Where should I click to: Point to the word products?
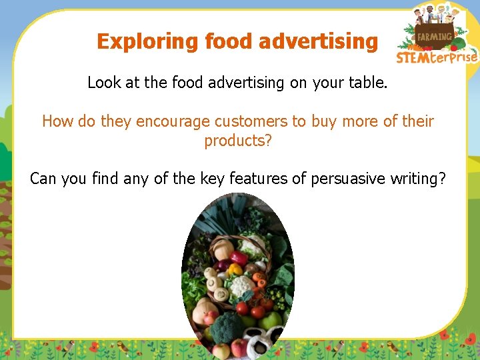pyautogui.click(x=238, y=141)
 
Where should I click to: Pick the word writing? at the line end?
pyautogui.click(x=418, y=179)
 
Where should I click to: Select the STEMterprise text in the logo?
pyautogui.click(x=437, y=57)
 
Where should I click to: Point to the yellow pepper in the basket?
pyautogui.click(x=235, y=269)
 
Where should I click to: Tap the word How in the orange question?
pyautogui.click(x=55, y=121)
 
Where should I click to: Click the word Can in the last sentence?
pyautogui.click(x=43, y=179)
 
